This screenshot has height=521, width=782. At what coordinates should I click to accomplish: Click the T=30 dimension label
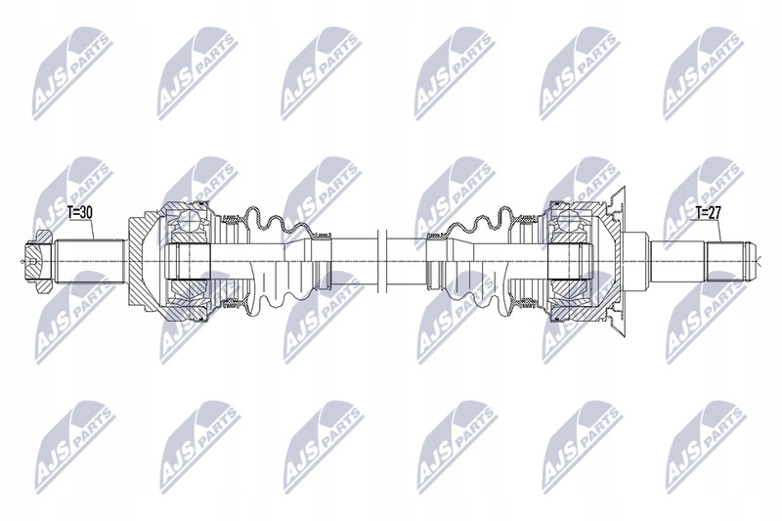point(80,212)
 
